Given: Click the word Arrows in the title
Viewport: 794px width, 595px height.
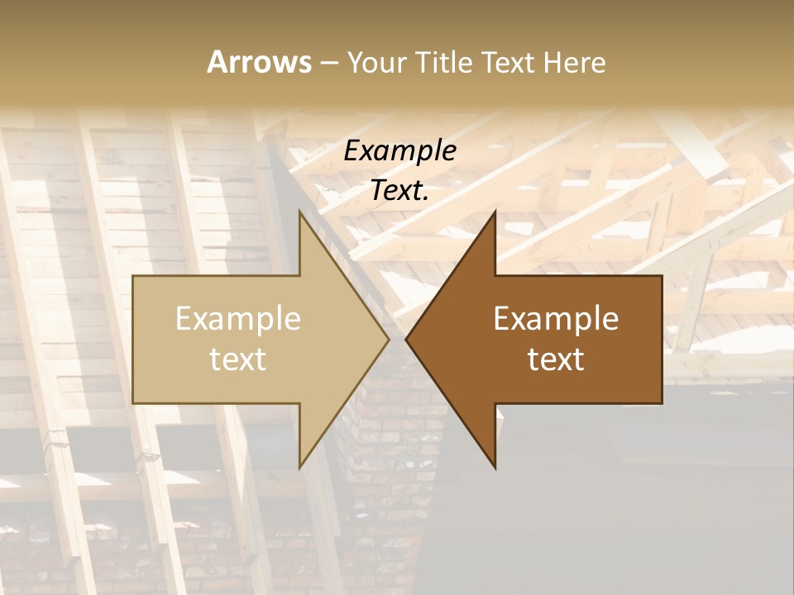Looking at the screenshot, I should [x=260, y=62].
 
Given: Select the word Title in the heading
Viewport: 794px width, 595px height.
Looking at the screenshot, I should [x=448, y=63].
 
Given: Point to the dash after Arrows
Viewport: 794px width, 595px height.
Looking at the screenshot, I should [x=328, y=64].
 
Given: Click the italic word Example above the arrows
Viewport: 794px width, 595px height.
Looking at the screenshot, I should [x=400, y=150].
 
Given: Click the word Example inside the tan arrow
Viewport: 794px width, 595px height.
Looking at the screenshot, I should [x=238, y=318].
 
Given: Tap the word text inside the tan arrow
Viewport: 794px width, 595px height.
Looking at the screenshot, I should [x=238, y=359].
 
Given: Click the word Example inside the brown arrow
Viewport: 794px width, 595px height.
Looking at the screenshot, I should [x=556, y=318].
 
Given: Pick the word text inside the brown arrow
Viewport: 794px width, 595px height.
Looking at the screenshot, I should [x=556, y=359].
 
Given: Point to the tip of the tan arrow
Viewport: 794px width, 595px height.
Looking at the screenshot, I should [x=388, y=339].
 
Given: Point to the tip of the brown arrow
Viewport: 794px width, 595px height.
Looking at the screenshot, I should [x=406, y=339].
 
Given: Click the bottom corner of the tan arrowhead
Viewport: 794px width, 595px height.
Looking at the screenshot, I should [x=299, y=468].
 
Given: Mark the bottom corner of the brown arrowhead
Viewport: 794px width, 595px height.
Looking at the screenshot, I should [x=495, y=468].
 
